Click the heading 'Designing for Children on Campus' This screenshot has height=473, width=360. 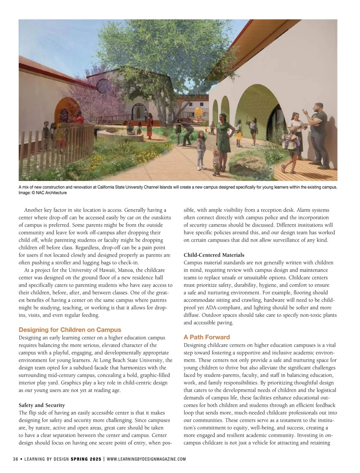pos(70,330)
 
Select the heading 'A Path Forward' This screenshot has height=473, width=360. pos(207,337)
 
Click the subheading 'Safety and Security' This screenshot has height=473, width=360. pos(42,405)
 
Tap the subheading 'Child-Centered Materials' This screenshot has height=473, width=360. pos(214,255)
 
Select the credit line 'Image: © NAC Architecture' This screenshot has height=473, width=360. pos(43,193)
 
